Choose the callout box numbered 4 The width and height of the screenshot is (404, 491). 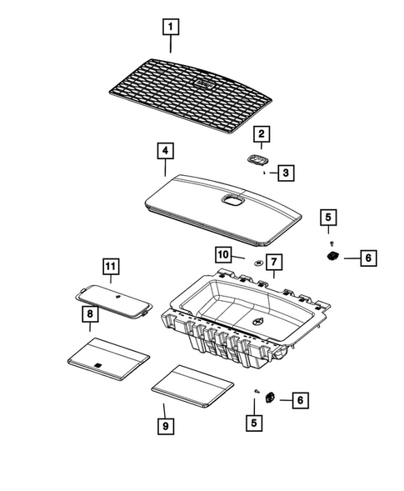pyautogui.click(x=166, y=152)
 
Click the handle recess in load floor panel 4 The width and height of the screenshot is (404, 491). pyautogui.click(x=232, y=198)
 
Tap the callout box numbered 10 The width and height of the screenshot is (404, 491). pyautogui.click(x=223, y=253)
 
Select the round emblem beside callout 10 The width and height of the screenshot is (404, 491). pyautogui.click(x=259, y=261)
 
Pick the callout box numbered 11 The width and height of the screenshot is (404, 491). pyautogui.click(x=111, y=267)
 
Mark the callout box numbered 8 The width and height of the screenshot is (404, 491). pyautogui.click(x=87, y=313)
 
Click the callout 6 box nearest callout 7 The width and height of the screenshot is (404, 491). pyautogui.click(x=366, y=258)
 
